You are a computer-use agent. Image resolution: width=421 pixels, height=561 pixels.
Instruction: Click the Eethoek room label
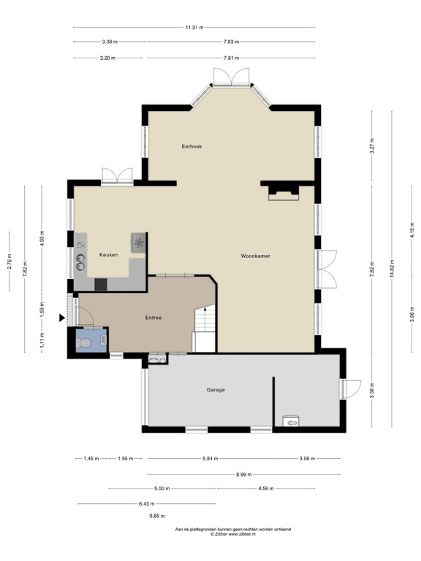[x=191, y=147]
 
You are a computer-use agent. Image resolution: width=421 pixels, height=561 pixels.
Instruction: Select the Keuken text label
[x=109, y=255]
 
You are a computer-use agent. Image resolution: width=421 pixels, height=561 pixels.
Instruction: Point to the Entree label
[x=153, y=318]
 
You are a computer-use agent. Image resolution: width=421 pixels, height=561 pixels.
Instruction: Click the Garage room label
[x=215, y=390]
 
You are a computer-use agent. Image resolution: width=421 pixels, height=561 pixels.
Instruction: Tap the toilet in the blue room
[x=85, y=340]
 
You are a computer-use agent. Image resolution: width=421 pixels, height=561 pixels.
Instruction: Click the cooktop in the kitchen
[x=137, y=242]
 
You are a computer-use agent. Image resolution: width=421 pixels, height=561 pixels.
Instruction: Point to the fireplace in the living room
[x=284, y=192]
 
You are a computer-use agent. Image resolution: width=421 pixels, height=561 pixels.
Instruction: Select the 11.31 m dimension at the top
[x=194, y=28]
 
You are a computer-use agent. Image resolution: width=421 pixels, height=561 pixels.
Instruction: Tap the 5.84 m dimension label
[x=210, y=459]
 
